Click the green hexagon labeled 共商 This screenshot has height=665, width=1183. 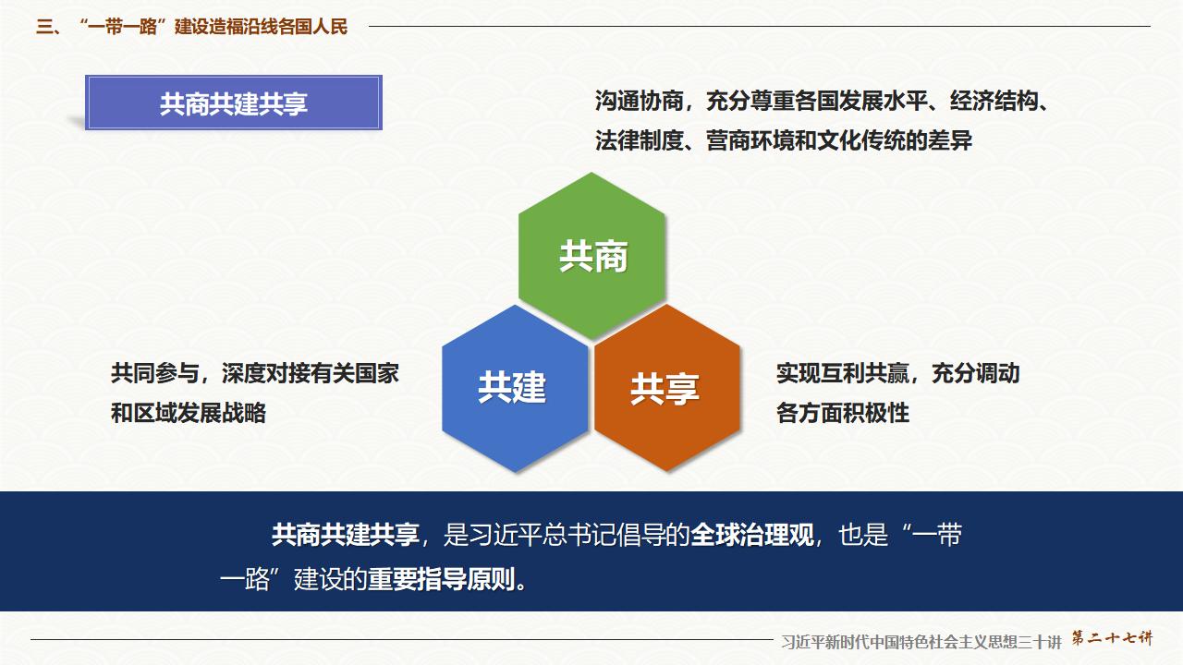click(592, 256)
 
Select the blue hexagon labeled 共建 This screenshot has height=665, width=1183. click(514, 388)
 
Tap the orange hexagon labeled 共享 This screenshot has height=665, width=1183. click(666, 389)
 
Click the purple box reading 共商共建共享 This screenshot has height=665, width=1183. click(233, 103)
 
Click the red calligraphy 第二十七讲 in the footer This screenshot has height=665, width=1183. click(1112, 638)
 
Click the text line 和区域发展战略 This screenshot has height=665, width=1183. click(189, 413)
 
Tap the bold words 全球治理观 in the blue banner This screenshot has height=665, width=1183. click(752, 536)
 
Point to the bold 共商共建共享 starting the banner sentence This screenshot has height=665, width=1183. click(345, 536)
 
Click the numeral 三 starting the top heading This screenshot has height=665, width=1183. click(43, 27)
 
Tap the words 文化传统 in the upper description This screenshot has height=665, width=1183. click(870, 141)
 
